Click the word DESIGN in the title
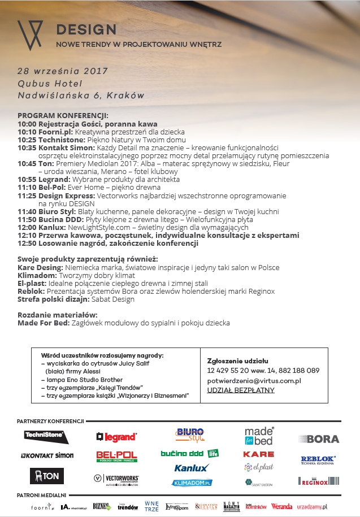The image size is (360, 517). [86, 29]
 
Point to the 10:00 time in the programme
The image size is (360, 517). [27, 124]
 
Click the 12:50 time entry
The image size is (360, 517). [27, 243]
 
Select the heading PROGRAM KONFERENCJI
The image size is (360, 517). [62, 116]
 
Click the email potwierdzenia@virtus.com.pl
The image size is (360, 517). [254, 381]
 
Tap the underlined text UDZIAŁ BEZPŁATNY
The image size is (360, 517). [241, 390]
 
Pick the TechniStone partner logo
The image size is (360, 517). [46, 437]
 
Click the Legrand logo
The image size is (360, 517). [116, 437]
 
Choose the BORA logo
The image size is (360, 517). [319, 438]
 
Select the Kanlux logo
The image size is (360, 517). [191, 468]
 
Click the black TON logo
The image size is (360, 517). [46, 476]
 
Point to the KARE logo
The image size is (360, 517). [258, 454]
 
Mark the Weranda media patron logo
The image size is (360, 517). [281, 506]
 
